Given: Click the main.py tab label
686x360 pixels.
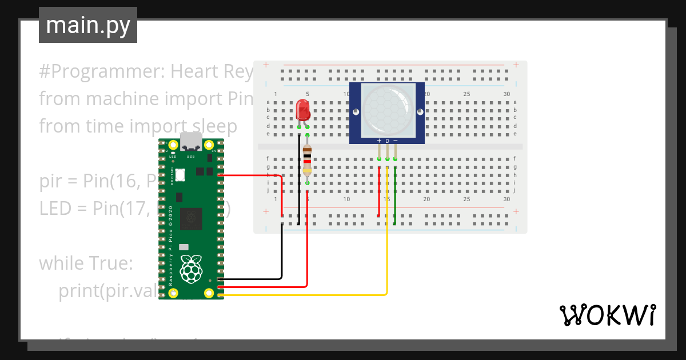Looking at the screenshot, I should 87,26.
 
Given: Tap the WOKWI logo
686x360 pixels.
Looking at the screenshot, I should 607,315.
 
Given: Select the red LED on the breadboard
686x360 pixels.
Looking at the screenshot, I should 302,110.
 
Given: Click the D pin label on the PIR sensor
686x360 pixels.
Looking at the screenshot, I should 387,141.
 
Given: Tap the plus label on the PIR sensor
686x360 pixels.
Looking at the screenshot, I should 379,141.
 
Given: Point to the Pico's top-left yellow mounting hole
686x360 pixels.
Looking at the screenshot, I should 173,145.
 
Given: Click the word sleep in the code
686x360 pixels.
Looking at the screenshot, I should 212,126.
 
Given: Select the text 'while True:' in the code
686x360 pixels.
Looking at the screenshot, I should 86,263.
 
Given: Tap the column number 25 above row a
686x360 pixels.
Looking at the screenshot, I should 467,94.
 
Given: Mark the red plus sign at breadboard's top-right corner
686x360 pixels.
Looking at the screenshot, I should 516,65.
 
